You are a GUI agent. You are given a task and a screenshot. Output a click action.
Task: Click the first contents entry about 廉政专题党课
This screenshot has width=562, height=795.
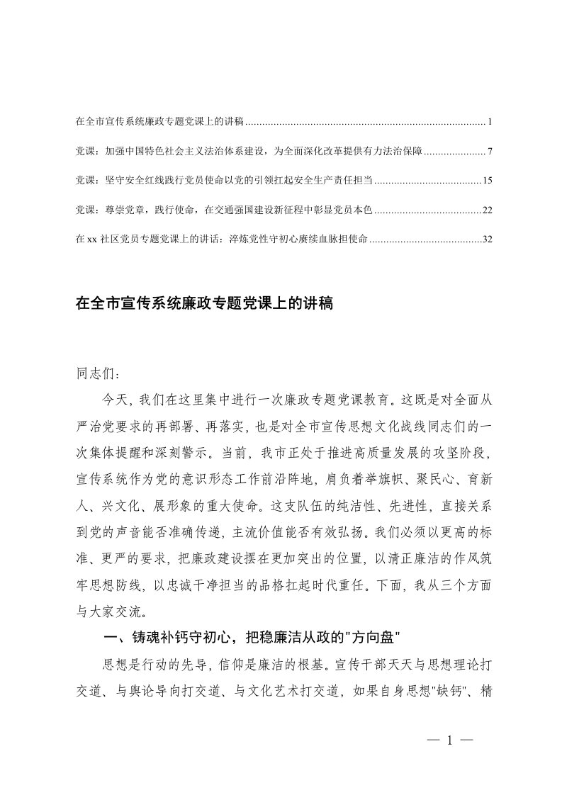click(x=159, y=122)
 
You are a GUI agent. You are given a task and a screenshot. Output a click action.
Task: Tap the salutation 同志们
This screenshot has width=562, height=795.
click(x=93, y=371)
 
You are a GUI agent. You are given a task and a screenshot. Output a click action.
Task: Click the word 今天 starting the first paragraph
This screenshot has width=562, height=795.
click(x=116, y=400)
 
